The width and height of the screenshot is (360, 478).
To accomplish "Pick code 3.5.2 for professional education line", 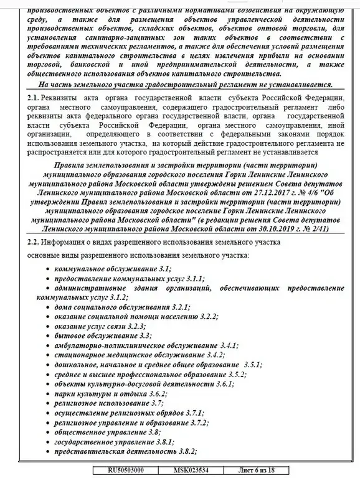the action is [x=235, y=375].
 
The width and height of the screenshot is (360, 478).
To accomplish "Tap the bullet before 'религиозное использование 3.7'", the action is [x=49, y=403].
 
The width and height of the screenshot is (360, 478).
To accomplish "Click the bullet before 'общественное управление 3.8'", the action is [x=49, y=432].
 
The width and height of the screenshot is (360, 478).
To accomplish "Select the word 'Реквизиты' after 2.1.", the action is [x=62, y=99].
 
